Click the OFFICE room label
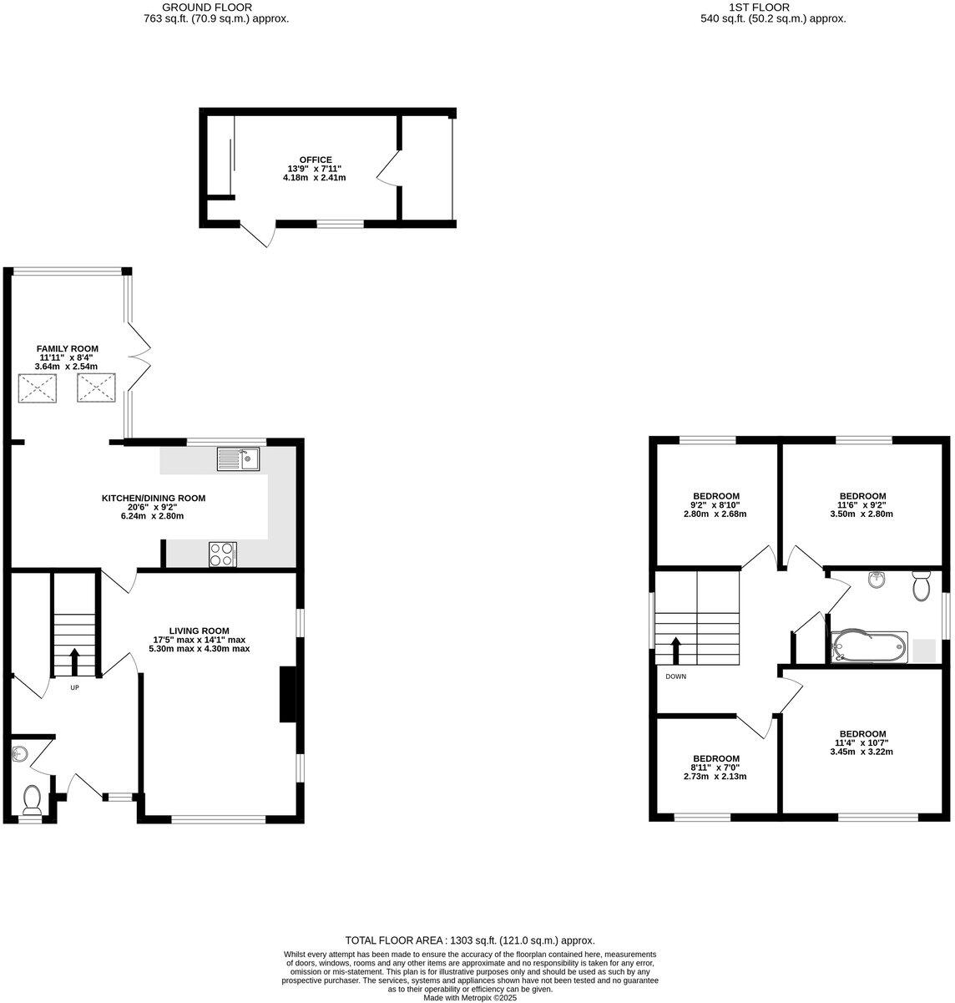(316, 160)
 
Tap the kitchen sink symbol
(239, 458)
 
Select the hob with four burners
(223, 554)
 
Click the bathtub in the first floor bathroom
(868, 646)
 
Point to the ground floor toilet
(33, 799)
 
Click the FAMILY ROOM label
(67, 348)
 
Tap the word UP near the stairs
(74, 688)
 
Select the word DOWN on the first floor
(675, 676)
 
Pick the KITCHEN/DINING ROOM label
(153, 498)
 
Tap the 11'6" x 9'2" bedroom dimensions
(862, 505)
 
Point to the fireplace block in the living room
(286, 693)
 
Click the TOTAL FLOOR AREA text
(470, 940)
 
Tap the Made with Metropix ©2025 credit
(470, 997)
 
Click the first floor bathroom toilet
(921, 586)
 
